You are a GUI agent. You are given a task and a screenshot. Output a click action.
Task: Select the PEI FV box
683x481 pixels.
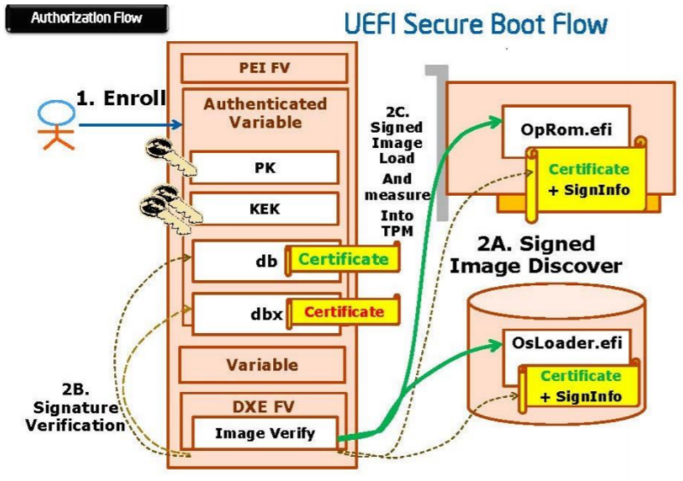(264, 68)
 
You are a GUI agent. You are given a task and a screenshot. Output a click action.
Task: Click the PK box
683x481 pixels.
(264, 167)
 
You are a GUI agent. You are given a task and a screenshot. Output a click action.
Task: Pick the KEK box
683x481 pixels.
(264, 208)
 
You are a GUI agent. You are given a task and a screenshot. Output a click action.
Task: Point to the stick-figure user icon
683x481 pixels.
(56, 125)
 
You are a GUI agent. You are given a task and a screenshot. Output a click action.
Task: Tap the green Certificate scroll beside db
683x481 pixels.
(343, 259)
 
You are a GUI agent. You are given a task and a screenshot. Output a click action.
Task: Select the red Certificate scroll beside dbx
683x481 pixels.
(343, 312)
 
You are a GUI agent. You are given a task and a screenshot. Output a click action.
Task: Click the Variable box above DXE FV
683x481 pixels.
(262, 365)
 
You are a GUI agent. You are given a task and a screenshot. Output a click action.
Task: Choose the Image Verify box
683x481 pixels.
(264, 433)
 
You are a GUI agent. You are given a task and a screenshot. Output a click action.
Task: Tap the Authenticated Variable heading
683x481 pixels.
(265, 113)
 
